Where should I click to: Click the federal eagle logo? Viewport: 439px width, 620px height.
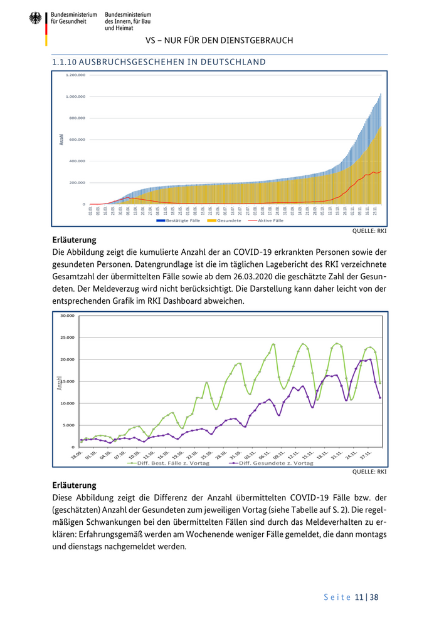click(36, 19)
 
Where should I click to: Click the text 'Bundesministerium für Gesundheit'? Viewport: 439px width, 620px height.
click(74, 18)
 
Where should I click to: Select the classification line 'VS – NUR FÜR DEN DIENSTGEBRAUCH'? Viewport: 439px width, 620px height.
click(219, 41)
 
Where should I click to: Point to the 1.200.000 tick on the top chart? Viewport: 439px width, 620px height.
click(75, 75)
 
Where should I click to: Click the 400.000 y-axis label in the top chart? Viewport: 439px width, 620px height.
click(76, 161)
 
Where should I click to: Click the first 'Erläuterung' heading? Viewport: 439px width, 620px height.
click(73, 240)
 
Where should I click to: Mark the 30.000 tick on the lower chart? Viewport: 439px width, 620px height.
click(67, 316)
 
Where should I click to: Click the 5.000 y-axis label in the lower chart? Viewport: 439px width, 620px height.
click(68, 425)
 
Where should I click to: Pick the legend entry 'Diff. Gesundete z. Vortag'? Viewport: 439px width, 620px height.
click(276, 463)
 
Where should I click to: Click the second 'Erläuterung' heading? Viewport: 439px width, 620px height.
click(73, 485)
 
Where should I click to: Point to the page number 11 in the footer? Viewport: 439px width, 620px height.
click(359, 597)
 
